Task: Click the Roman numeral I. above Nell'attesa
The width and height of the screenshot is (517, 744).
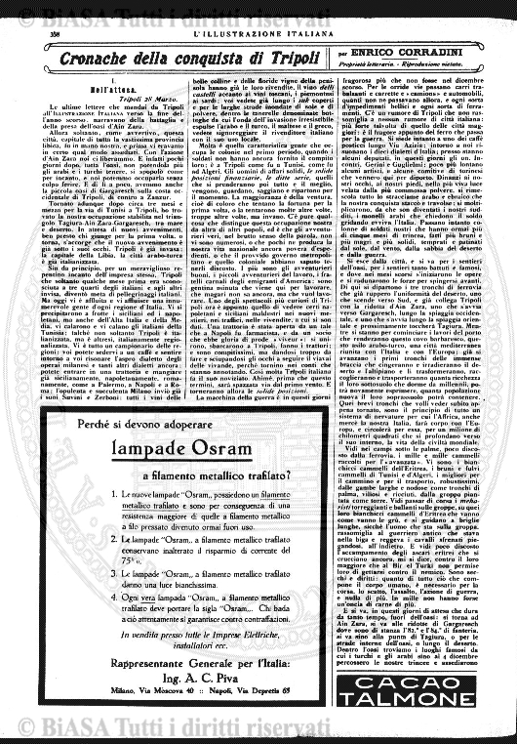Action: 101,81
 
